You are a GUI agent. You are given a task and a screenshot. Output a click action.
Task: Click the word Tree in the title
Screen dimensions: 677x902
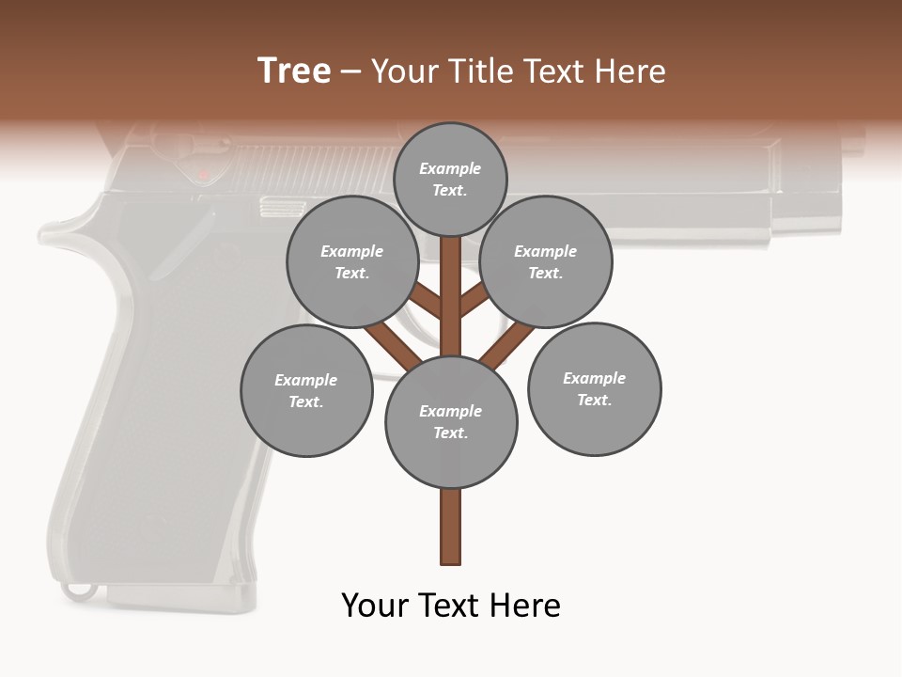294,71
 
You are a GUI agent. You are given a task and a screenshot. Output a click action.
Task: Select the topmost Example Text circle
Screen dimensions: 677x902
450,179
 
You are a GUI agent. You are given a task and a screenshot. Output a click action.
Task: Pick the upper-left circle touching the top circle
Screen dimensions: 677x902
352,261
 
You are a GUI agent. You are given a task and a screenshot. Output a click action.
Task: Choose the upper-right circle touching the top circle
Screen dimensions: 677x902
546,261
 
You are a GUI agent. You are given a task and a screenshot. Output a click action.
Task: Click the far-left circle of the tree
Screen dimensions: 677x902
306,390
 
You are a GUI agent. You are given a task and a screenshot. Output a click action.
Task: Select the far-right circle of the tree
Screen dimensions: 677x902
594,388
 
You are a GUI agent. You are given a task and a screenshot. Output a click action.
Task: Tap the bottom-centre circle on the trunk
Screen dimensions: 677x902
451,421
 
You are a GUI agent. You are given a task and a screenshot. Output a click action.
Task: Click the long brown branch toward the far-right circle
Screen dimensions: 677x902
507,344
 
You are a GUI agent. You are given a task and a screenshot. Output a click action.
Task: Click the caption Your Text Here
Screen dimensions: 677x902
451,606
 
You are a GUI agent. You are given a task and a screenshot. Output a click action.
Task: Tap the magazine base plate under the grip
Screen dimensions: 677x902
179,595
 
